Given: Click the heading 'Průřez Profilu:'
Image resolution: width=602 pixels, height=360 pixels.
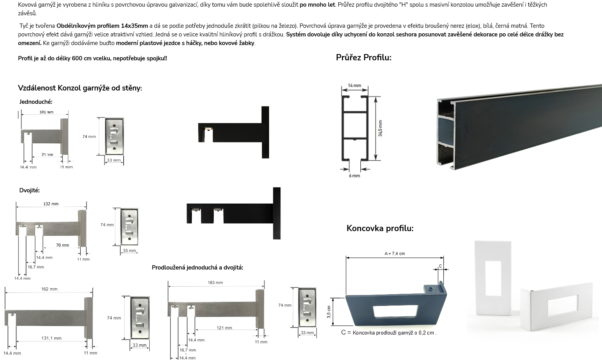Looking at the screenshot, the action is [x=363, y=58].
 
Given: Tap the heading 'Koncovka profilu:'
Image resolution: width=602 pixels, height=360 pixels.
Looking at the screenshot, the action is [x=380, y=228].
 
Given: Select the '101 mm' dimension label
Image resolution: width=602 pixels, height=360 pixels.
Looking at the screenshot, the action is [x=47, y=112].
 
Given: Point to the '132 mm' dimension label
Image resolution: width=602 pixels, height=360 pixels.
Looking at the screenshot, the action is [x=51, y=204].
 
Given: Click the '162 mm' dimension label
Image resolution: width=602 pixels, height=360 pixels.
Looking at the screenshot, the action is [x=49, y=289].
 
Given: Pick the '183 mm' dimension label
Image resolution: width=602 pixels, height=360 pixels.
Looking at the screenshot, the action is [x=215, y=282].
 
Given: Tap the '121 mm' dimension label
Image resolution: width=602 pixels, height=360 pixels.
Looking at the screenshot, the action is [x=224, y=328].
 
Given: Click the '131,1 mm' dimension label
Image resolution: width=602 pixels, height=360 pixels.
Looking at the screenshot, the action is [x=51, y=338].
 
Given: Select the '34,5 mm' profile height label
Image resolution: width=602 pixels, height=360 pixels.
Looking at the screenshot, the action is [x=380, y=128].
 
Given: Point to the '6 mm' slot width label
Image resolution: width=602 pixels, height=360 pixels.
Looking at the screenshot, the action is [x=354, y=175].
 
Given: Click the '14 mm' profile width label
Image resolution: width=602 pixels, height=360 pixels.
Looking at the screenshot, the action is [x=354, y=85].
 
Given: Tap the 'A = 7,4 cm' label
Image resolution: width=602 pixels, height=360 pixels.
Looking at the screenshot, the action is [x=394, y=253].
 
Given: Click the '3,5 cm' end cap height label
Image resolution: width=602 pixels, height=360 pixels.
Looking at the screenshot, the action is [x=329, y=312].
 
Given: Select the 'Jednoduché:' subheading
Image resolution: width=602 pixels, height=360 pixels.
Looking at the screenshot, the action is [x=36, y=102].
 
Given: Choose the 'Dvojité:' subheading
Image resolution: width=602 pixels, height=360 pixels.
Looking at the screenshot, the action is [x=29, y=190].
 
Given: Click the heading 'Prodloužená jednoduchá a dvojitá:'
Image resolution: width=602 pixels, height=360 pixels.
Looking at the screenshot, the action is [x=197, y=268].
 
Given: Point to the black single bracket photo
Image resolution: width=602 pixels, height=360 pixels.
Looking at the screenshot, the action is [x=233, y=132].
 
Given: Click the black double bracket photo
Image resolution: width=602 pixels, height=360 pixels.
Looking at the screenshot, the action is [x=233, y=213].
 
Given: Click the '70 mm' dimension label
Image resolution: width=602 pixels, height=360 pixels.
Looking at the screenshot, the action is [x=63, y=245].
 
